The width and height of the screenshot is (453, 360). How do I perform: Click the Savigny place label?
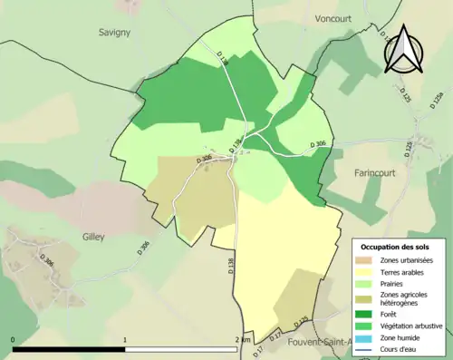coord(115,32)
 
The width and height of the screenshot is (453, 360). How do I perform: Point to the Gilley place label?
coord(91,237)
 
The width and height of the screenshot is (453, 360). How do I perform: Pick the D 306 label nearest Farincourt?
coord(318,143)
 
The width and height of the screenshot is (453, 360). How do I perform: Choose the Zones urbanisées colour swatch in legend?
coord(371,261)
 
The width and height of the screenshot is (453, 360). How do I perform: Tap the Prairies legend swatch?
coord(371,285)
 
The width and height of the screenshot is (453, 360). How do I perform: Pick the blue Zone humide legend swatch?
coord(371,338)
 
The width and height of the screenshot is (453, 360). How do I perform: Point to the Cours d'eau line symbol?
coord(371,349)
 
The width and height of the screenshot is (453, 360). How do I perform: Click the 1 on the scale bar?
coord(125,339)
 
